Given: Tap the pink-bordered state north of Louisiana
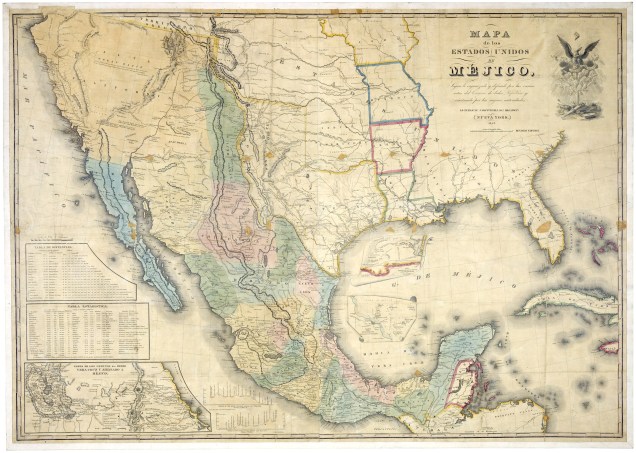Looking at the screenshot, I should click(399, 146).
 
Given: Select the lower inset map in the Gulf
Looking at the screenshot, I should click(381, 318).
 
